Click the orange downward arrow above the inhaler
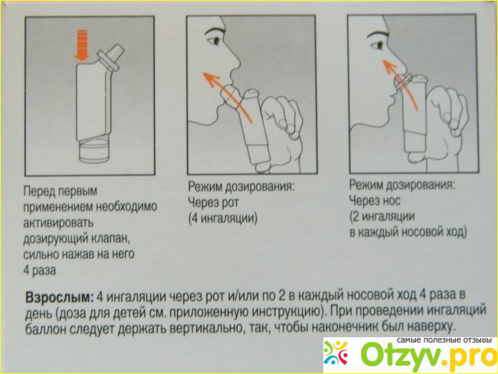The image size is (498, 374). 82,45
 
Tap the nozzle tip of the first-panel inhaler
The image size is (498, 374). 117,50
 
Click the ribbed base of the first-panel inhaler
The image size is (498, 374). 94,152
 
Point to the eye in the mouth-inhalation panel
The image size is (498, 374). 215,41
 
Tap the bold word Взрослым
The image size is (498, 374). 60,297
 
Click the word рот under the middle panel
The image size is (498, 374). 228,203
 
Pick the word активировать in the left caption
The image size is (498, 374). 58,222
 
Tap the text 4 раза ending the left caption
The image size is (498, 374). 40,271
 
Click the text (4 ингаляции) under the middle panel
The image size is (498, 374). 223,219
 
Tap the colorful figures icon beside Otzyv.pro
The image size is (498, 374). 336,353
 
